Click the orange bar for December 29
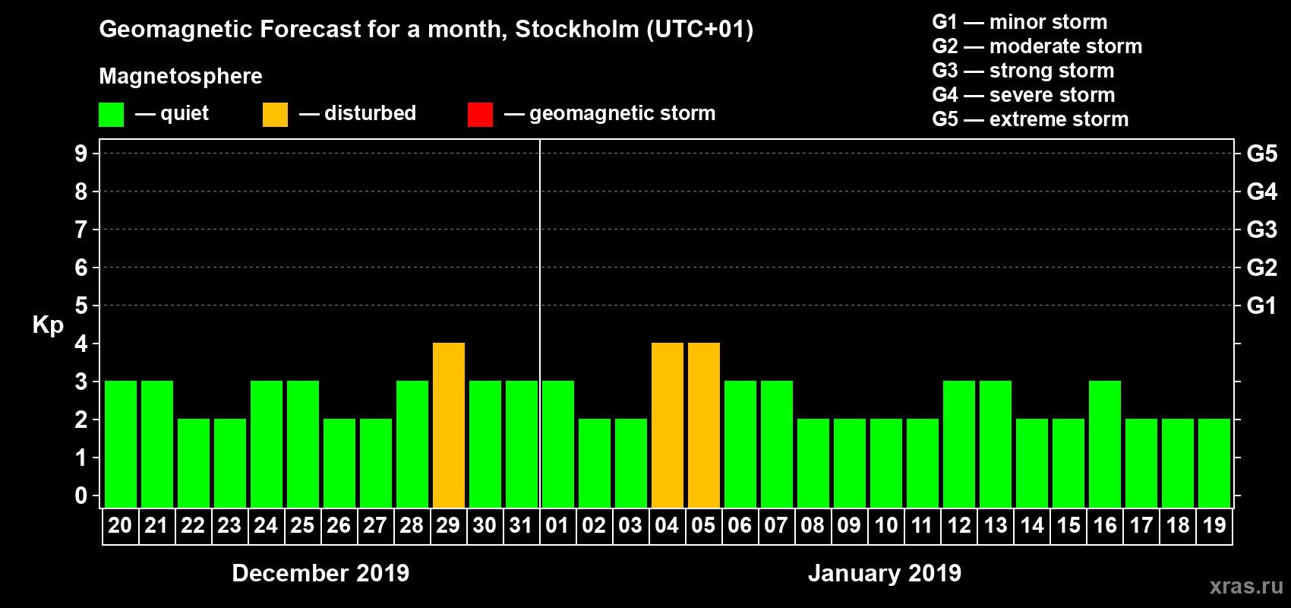point(449,426)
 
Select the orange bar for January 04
point(668,426)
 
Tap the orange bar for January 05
point(704,426)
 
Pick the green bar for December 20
point(121,445)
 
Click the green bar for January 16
point(1105,445)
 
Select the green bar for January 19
point(1214,464)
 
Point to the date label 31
point(521,525)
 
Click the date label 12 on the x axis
point(959,525)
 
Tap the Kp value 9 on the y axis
point(81,154)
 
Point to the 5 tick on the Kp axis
point(81,306)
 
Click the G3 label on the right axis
point(1261,230)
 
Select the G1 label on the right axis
point(1261,306)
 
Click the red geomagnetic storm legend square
point(480,115)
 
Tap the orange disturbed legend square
point(275,115)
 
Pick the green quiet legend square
point(111,115)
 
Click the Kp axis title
point(48,325)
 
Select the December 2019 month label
point(320,573)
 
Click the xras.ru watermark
point(1245,586)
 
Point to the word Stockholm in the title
point(577,30)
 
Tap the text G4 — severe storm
point(1023,95)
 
